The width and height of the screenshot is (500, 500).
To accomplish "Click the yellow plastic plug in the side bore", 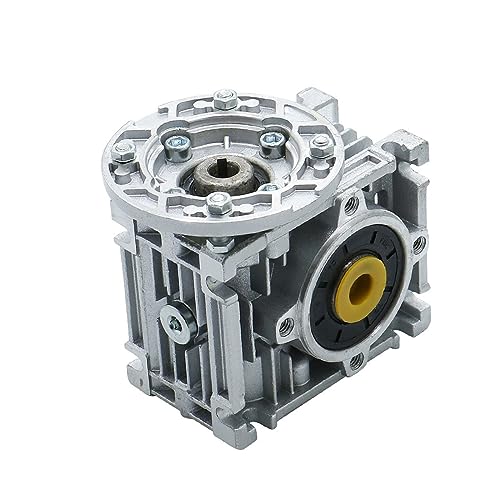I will (358, 288).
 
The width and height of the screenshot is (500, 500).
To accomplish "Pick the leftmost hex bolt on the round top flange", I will (123, 151).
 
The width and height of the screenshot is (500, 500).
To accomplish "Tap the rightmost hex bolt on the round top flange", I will (322, 146).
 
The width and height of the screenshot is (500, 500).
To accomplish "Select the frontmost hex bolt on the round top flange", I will (218, 205).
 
